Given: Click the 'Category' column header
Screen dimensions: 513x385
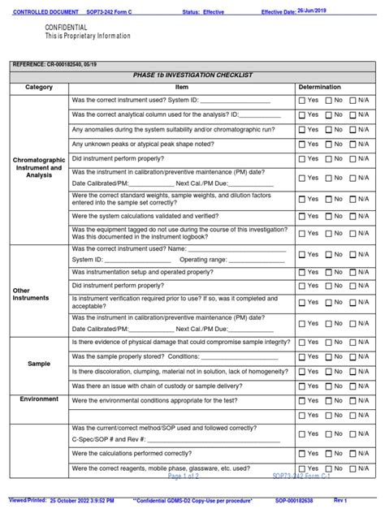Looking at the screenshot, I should [x=39, y=87].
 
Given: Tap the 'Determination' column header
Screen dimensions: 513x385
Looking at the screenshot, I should [x=325, y=87].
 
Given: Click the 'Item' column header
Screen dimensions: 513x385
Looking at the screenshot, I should [x=182, y=87].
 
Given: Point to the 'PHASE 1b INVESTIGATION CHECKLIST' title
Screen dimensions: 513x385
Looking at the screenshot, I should [x=192, y=75].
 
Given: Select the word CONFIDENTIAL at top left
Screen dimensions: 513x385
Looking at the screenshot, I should [x=67, y=28].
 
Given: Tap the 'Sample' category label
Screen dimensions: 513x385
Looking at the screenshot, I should [x=39, y=364].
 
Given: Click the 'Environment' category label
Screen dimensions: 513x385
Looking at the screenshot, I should [x=39, y=399].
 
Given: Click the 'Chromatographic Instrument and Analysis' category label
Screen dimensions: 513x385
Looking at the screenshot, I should [x=39, y=168].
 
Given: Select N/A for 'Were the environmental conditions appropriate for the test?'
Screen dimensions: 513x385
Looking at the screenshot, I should [x=353, y=400].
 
